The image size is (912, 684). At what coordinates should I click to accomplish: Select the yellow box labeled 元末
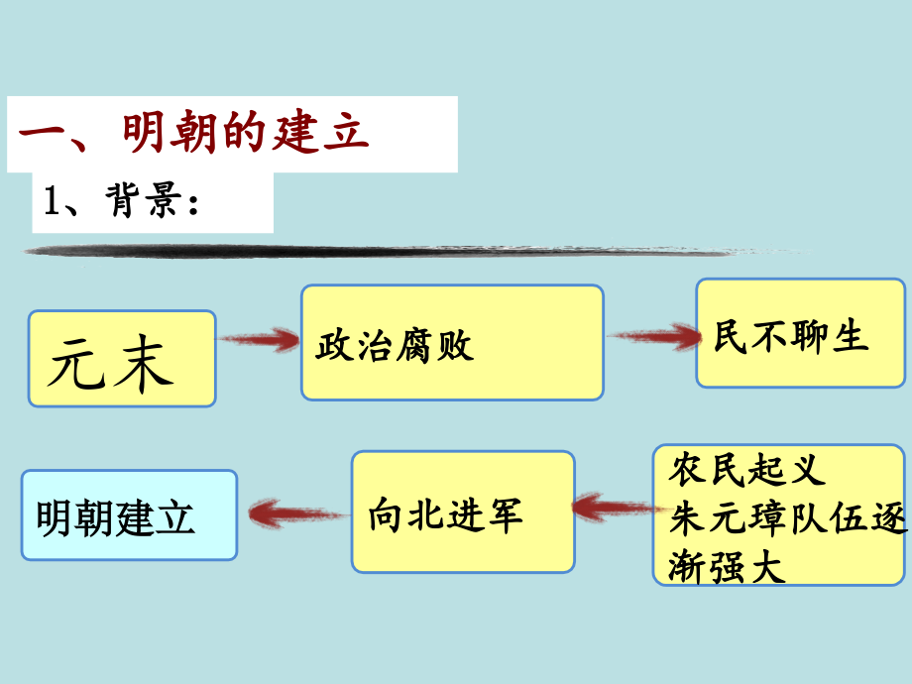click(x=122, y=359)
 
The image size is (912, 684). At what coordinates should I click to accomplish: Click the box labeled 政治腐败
click(x=452, y=343)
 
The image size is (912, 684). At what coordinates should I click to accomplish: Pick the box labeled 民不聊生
click(x=800, y=333)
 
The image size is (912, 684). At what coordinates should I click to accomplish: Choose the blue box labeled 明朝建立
click(x=129, y=514)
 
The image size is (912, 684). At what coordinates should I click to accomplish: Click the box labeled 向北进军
click(x=463, y=513)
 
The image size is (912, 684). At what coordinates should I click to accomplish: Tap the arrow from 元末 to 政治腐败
click(x=259, y=341)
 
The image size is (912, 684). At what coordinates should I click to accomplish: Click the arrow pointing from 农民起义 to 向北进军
click(x=614, y=509)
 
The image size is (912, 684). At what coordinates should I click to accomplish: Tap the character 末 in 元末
click(x=144, y=362)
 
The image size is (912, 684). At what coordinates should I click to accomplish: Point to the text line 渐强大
click(x=727, y=567)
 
